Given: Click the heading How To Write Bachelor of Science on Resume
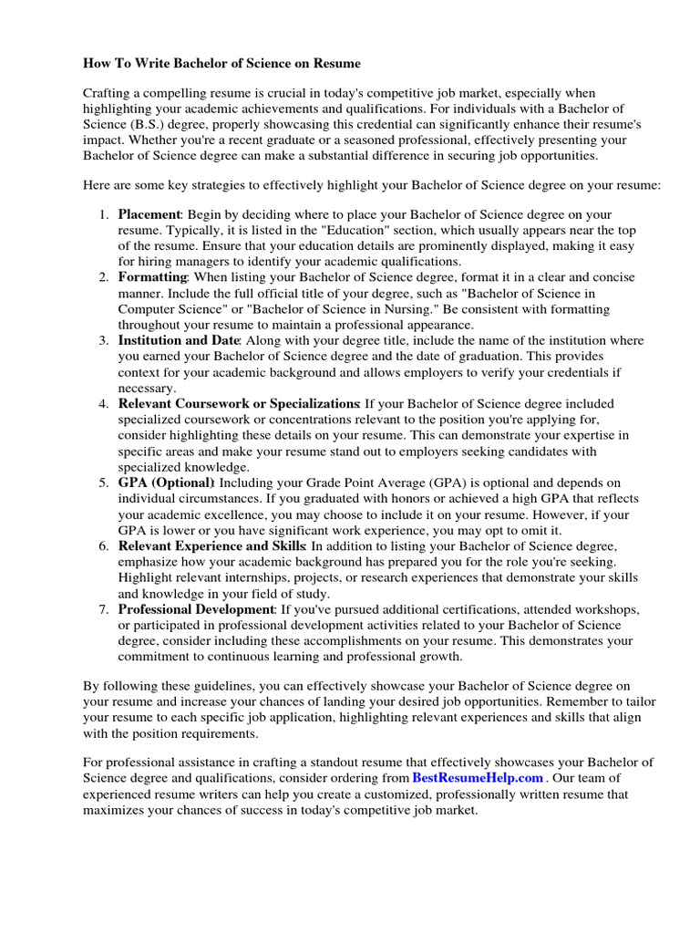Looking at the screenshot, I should (x=221, y=64).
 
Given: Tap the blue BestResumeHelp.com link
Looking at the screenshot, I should (x=478, y=778).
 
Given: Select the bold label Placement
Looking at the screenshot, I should (x=150, y=214).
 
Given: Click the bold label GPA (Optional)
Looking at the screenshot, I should (x=166, y=482).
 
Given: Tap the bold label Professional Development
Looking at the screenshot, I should (x=196, y=608).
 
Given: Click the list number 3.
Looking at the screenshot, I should (x=103, y=339).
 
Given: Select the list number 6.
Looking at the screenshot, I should (x=103, y=545).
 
